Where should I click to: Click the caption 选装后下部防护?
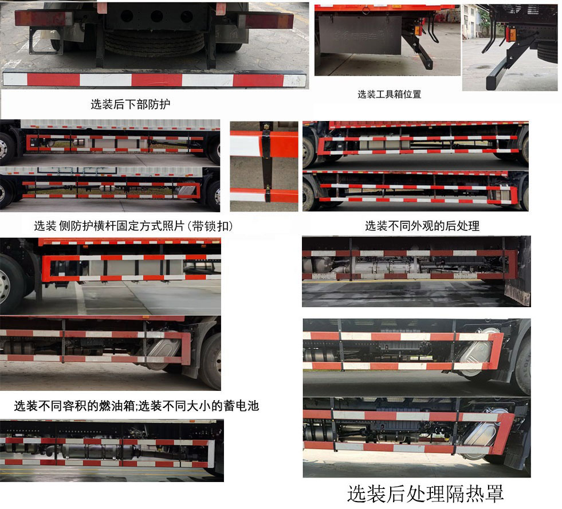coord(131,104)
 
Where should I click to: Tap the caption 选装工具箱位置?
coord(390,94)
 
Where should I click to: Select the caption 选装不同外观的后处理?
coord(422,226)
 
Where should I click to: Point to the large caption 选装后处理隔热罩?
coord(425,493)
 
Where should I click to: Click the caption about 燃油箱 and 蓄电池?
coord(136,406)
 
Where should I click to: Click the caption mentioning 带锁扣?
coord(133,226)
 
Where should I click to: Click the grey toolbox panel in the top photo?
coord(360,35)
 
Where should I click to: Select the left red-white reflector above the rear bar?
coord(43,19)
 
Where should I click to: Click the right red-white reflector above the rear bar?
coord(268,21)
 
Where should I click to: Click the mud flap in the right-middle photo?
coord(517,293)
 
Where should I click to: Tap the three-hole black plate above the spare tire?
coord(156,16)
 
